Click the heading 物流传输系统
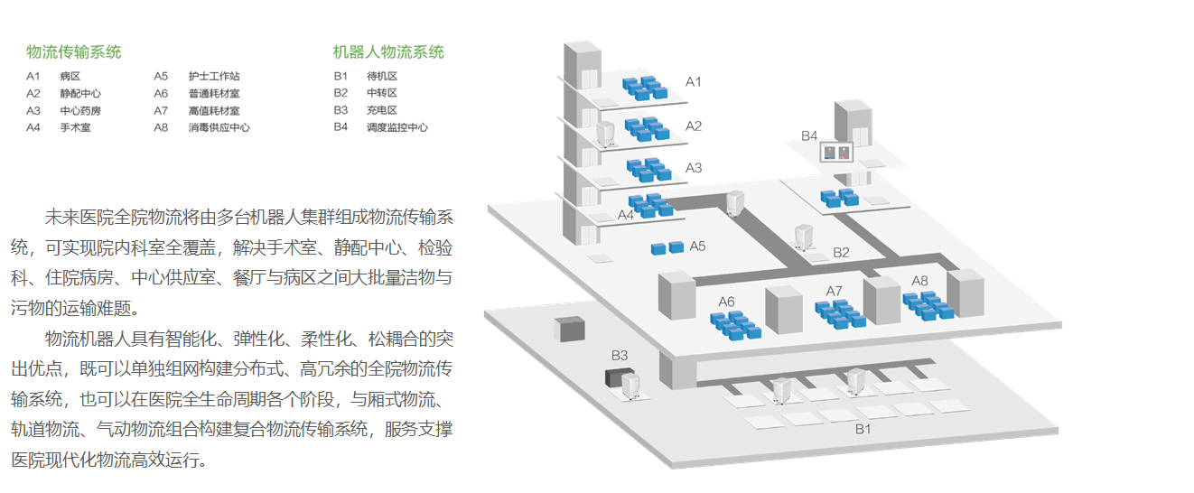(x=74, y=52)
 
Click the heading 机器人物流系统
(x=388, y=52)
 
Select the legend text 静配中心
(x=80, y=93)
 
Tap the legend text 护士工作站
(x=214, y=76)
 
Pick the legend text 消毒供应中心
(x=219, y=127)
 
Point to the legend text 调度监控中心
(x=397, y=127)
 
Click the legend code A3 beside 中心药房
(x=33, y=110)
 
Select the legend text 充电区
(x=382, y=110)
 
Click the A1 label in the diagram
(x=694, y=82)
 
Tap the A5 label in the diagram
(x=697, y=246)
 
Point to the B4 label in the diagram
(x=809, y=135)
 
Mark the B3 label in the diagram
(x=620, y=355)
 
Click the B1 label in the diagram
(x=863, y=429)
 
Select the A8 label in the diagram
(x=919, y=281)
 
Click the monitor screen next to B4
(x=835, y=153)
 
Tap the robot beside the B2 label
(x=802, y=237)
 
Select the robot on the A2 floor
(x=606, y=135)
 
